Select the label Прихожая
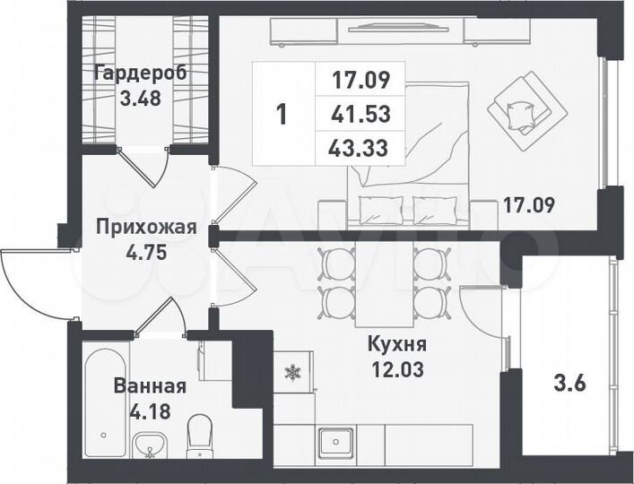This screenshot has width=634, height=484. coord(145,227)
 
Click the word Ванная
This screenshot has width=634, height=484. coord(150,386)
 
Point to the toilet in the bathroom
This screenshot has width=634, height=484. coord(199,441)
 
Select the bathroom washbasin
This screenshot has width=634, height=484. coord(150,445)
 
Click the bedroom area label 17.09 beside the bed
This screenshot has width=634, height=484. coord(528,204)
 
